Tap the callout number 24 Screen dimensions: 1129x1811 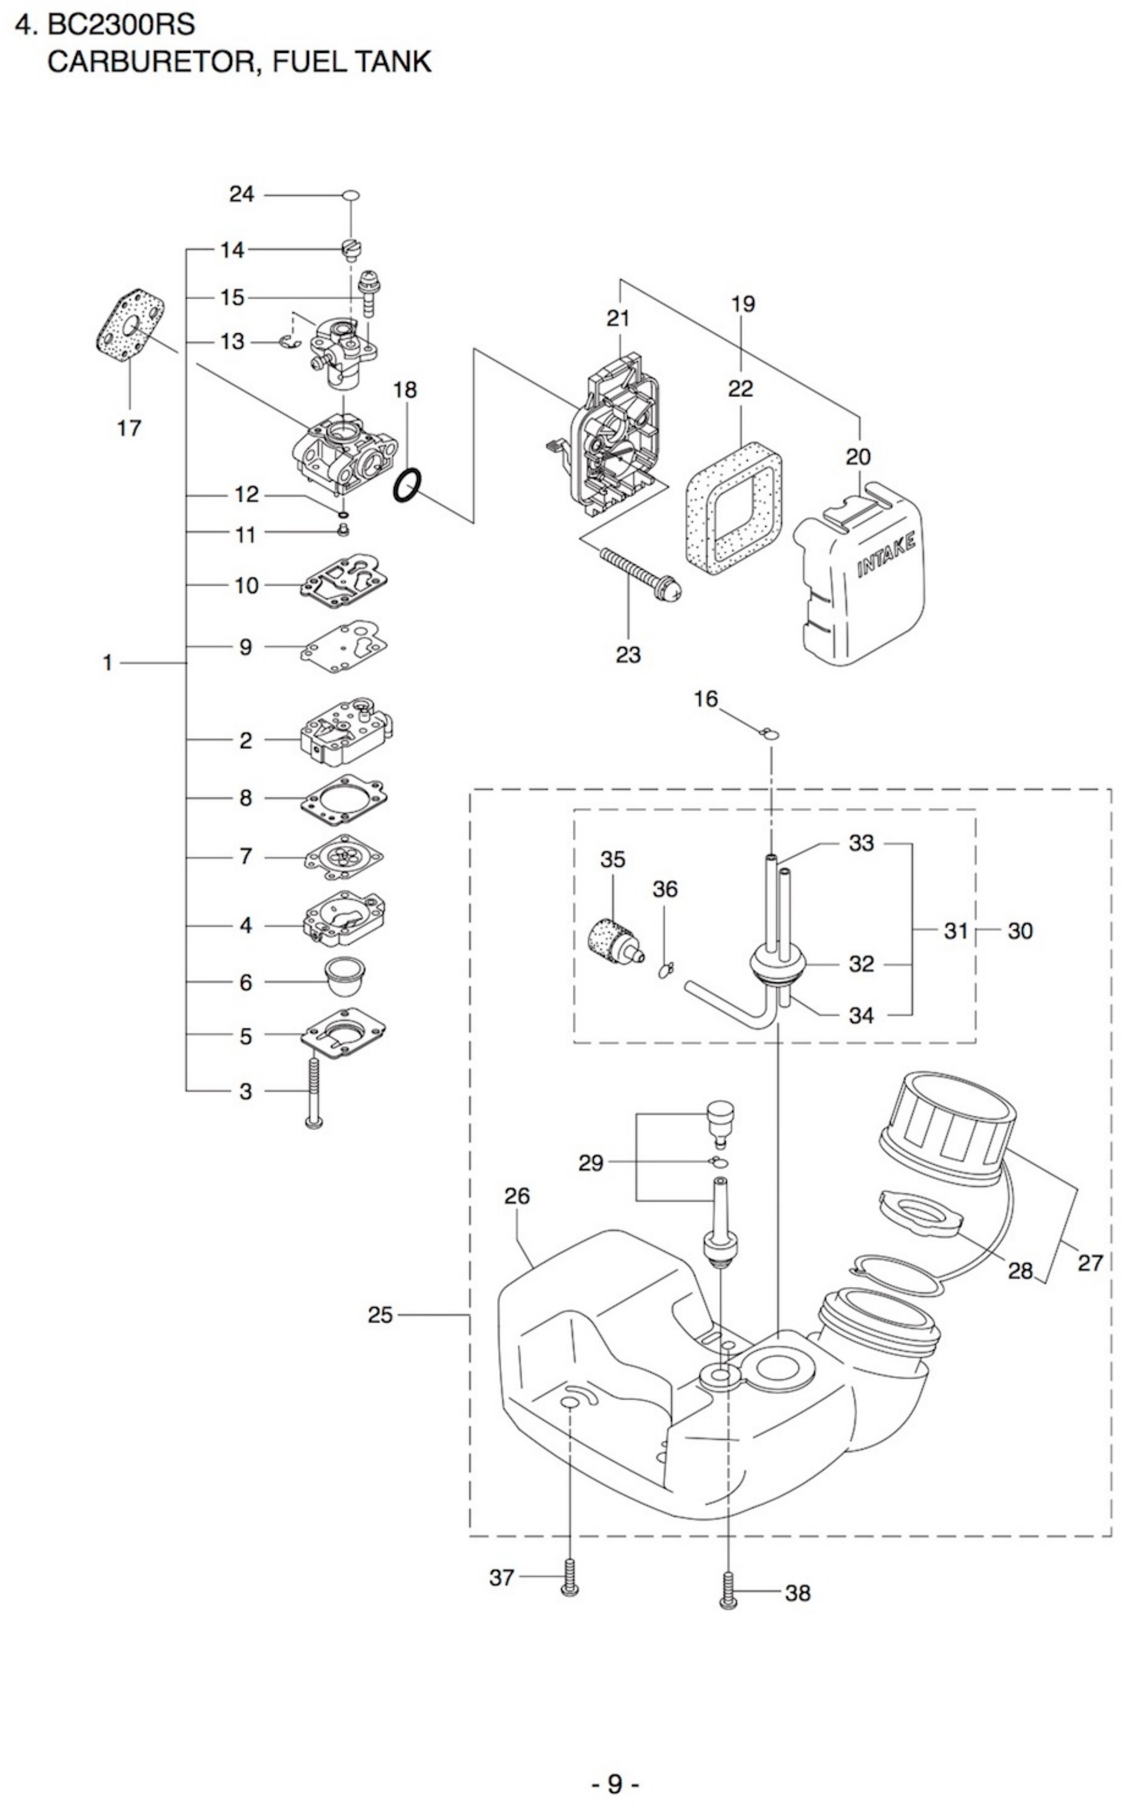point(241,195)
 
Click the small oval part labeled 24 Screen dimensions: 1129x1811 point(351,196)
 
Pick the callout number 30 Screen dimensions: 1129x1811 point(1020,931)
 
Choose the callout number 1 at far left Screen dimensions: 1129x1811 point(107,663)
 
